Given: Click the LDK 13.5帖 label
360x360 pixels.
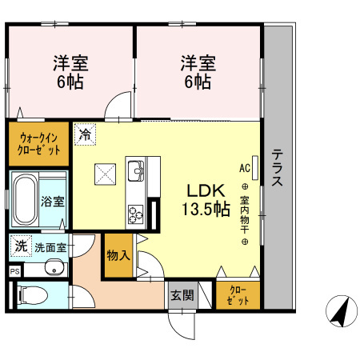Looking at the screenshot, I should pos(208,200).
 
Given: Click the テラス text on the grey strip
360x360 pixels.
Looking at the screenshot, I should pos(277,168).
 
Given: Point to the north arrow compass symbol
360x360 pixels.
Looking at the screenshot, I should pos(341,310).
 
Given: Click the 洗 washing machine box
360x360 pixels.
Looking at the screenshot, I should pos(20,246).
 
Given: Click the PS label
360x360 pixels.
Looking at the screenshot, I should pos(14,272).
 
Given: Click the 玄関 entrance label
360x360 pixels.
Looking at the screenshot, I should pos(181,294).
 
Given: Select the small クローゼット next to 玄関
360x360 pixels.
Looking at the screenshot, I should pos(237,294).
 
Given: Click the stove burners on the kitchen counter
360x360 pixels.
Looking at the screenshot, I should pos(134,212).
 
